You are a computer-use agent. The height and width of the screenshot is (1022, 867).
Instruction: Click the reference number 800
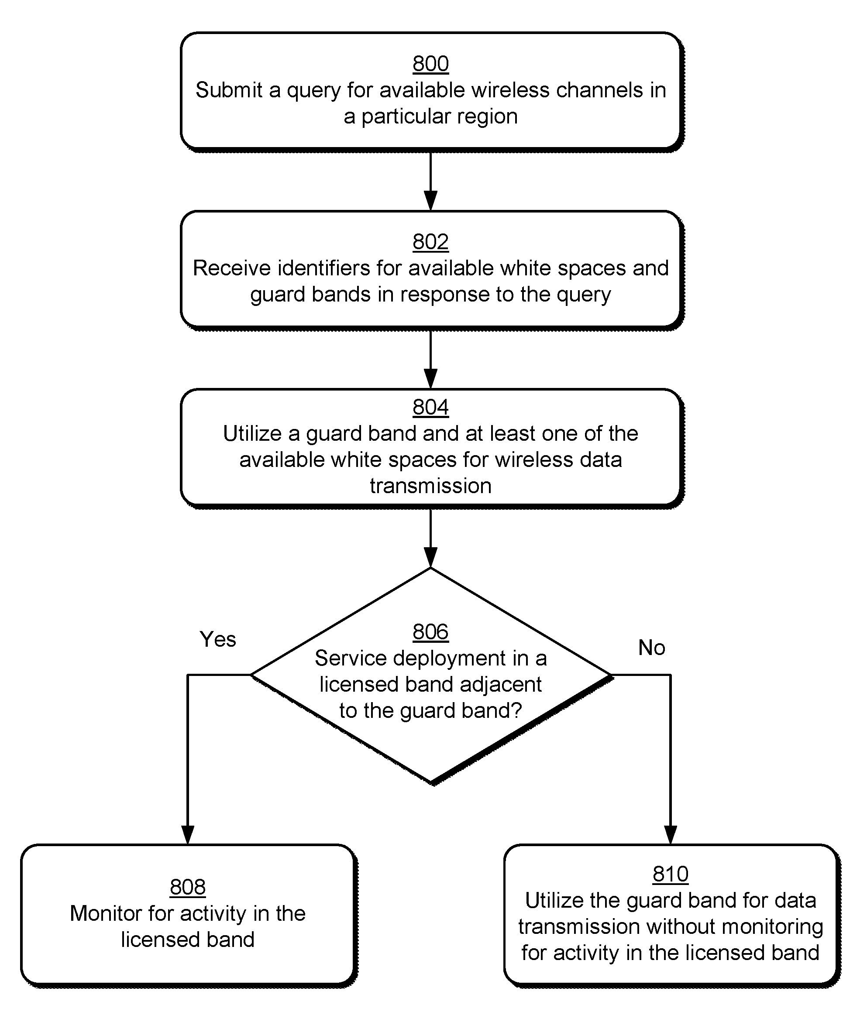[x=430, y=64]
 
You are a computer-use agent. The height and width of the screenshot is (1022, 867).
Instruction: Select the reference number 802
[x=430, y=242]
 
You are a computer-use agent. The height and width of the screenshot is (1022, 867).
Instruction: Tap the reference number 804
[x=430, y=407]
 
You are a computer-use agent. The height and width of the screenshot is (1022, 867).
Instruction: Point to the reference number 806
[x=430, y=632]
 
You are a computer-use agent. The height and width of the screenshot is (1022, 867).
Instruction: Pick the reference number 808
[x=188, y=887]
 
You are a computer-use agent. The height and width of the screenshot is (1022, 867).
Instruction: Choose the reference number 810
[x=671, y=874]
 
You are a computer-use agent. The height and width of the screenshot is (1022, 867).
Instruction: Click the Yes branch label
[x=218, y=639]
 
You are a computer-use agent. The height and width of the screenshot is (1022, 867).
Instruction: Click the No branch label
[x=652, y=648]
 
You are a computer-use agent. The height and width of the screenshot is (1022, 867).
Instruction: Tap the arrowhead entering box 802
[x=430, y=201]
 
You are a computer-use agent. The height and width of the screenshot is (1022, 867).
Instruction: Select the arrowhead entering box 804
[x=430, y=379]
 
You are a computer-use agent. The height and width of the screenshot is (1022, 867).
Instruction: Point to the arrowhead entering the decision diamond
[x=430, y=558]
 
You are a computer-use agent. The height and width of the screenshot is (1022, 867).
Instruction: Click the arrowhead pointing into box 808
[x=188, y=835]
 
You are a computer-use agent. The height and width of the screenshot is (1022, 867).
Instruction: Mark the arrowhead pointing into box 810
[x=671, y=835]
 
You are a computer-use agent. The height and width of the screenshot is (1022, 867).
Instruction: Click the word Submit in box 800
[x=229, y=90]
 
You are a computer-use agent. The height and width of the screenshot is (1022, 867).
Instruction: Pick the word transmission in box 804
[x=430, y=486]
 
